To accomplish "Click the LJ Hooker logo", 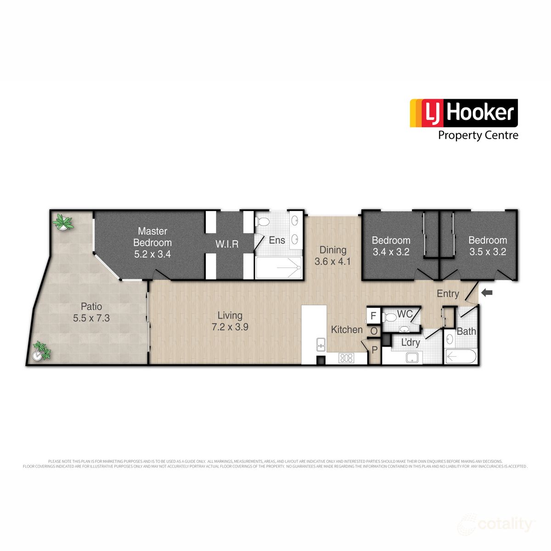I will coord(464,113).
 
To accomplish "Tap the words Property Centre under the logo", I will coord(478,135).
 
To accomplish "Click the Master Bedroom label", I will coord(152,242).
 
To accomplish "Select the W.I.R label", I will coord(227,244).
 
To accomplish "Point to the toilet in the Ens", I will coord(263,222).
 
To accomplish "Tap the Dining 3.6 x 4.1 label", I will coord(333,256).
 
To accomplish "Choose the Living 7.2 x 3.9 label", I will coord(230,321).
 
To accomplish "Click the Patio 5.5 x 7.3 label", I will coord(91,312).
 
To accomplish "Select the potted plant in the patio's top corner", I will coord(62,223).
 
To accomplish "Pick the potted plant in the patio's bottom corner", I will coord(41,351).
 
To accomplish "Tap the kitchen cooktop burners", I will coord(346,358).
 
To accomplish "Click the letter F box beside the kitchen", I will coord(373,315).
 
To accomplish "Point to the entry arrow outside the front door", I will coord(487,292).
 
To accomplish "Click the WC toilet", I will coord(391,317).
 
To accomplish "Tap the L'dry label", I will coord(410,343).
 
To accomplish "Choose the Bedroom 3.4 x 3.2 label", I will coord(391,246).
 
